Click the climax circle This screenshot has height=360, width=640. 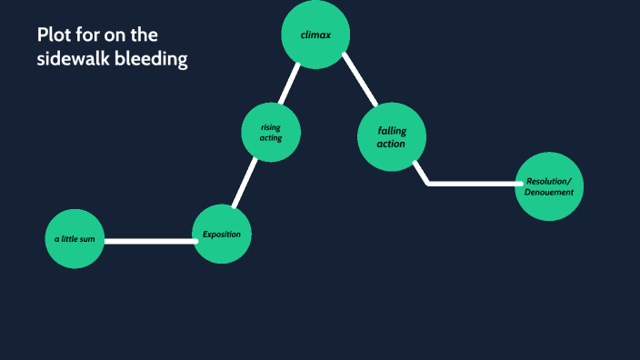pyautogui.click(x=315, y=35)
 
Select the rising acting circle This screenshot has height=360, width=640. pyautogui.click(x=271, y=133)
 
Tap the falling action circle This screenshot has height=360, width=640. pyautogui.click(x=392, y=137)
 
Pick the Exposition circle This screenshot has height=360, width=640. pyautogui.click(x=222, y=234)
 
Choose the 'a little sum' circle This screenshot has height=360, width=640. pyautogui.click(x=75, y=239)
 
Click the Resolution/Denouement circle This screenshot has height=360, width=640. pyautogui.click(x=548, y=186)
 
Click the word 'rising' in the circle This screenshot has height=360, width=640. pyautogui.click(x=271, y=127)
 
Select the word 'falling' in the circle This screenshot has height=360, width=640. pyautogui.click(x=392, y=131)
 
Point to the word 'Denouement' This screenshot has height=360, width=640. pyautogui.click(x=548, y=192)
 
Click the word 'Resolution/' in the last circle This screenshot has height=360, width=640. pyautogui.click(x=548, y=180)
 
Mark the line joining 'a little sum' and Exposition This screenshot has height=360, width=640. pyautogui.click(x=149, y=241)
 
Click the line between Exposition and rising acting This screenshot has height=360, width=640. pyautogui.click(x=244, y=183)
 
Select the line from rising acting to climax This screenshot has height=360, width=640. pyautogui.click(x=289, y=85)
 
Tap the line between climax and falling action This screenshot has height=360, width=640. pyautogui.click(x=360, y=80)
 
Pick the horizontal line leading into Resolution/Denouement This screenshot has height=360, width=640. pyautogui.click(x=473, y=184)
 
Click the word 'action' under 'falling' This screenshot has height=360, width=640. pyautogui.click(x=391, y=144)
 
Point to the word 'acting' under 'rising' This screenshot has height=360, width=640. pyautogui.click(x=271, y=138)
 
